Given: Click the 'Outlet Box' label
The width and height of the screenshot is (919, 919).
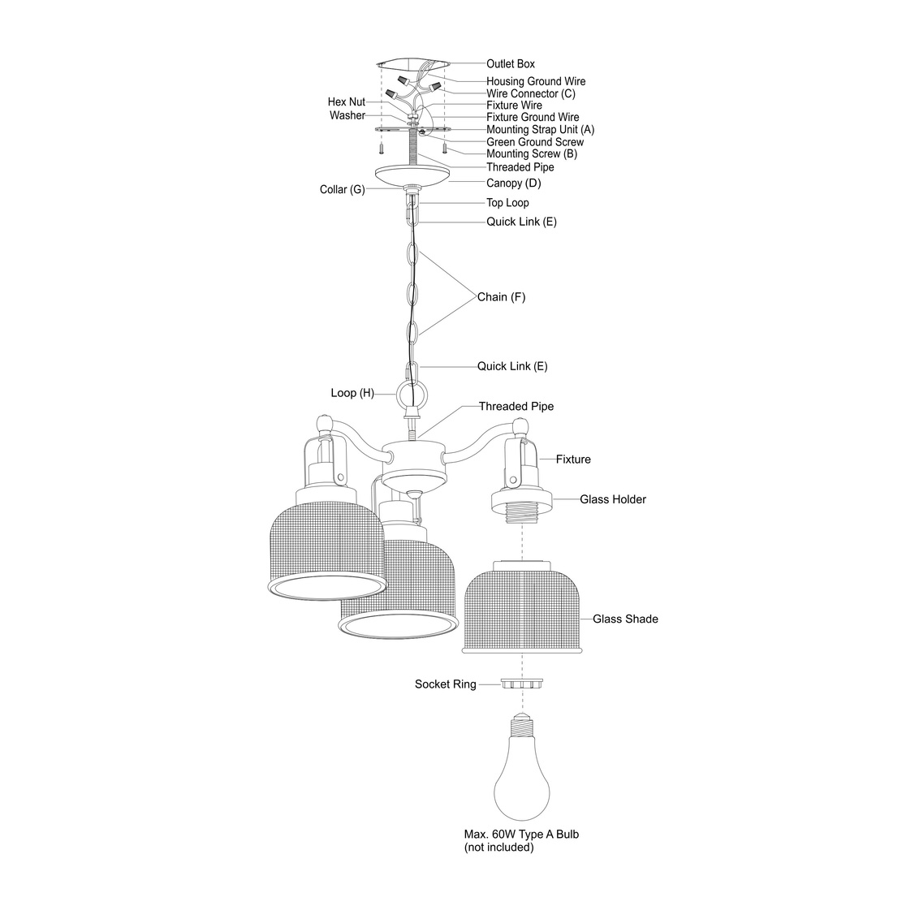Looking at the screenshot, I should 510,63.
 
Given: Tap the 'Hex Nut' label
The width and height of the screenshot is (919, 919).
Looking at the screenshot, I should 347,102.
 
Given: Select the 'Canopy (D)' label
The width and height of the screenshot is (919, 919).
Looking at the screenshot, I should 513,183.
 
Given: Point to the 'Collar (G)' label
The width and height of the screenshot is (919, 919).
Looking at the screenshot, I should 342,190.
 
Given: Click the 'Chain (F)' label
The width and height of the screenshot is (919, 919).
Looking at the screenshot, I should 501,297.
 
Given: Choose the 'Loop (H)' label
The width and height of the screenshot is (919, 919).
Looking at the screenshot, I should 352,393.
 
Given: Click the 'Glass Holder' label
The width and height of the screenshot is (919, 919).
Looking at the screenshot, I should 612,499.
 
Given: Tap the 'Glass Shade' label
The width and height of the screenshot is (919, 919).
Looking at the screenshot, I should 625,619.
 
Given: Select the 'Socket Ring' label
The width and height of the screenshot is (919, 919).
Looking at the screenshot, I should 446,684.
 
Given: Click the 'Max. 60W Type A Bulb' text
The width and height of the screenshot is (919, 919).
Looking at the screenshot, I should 521,835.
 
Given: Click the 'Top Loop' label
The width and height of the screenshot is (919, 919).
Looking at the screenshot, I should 507,203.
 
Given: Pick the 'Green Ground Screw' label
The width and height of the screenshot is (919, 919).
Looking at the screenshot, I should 534,142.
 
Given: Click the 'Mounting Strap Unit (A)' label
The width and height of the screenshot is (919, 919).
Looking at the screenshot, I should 540,130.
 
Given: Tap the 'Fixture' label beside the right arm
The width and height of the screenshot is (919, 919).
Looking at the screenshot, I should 573,459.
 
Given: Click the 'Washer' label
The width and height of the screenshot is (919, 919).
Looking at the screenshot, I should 347,115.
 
